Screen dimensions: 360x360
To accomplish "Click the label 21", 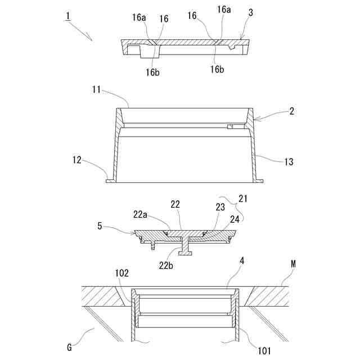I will [242, 199].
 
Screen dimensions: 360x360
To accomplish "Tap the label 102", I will [123, 273].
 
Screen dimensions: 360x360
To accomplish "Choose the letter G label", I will [70, 348].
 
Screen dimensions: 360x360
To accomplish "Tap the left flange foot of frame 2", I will [110, 181].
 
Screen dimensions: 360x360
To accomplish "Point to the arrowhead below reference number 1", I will [91, 38].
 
